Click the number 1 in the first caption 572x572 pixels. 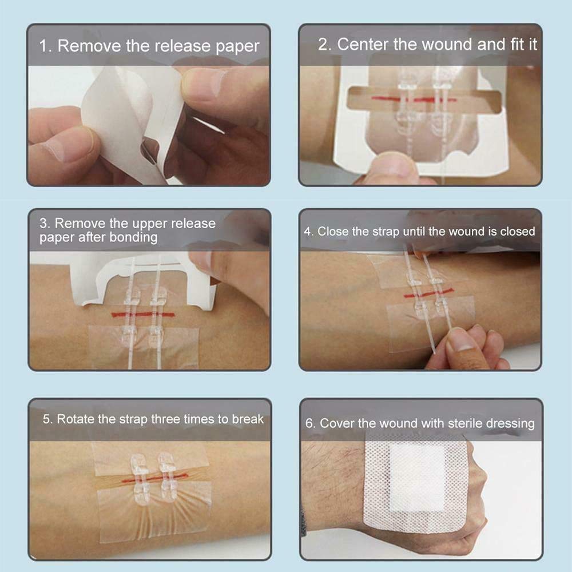42,46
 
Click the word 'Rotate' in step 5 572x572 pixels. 75,419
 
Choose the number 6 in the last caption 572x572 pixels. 309,424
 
